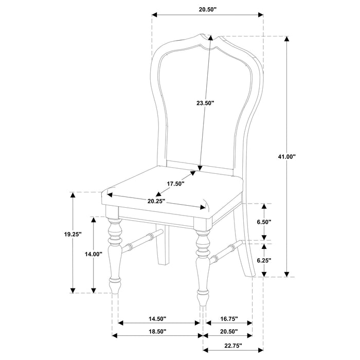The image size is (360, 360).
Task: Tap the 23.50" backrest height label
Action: point(205,103)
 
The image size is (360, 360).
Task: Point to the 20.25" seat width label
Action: point(156,201)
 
